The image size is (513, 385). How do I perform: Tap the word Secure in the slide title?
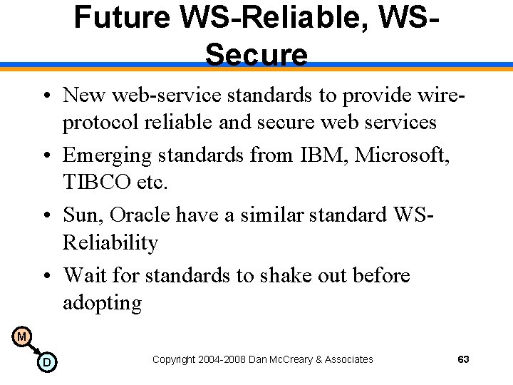coord(256,54)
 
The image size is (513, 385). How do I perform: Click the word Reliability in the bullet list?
coord(110,242)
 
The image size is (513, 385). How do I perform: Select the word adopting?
coord(102,302)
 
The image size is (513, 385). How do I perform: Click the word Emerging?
coord(108,155)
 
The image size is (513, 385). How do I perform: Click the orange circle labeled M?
coord(21,336)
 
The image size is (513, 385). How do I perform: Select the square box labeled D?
coord(46,363)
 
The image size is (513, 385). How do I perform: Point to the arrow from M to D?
coord(33,349)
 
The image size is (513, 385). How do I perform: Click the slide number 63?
coord(463,359)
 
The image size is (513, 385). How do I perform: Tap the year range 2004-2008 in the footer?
coord(222,359)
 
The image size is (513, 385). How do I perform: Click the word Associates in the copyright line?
coord(348,359)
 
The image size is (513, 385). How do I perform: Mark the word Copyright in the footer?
coord(174,359)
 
